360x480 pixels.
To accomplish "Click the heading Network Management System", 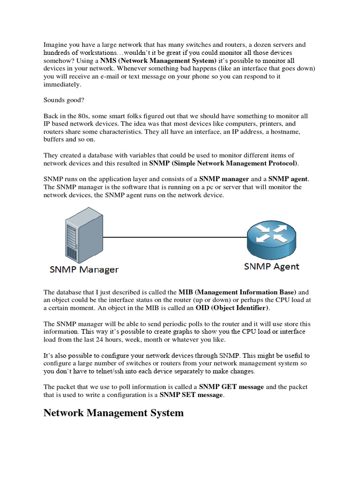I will [113, 413].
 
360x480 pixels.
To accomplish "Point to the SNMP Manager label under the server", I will [84, 270].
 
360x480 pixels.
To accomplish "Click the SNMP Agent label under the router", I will [271, 267].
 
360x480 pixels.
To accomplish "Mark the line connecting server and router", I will [173, 237].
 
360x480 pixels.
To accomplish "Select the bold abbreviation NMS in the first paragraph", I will [108, 61].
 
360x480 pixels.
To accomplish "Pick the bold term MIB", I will [186, 292].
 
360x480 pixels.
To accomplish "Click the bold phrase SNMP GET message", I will [232, 387].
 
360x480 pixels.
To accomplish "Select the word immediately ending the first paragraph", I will [62, 85].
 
